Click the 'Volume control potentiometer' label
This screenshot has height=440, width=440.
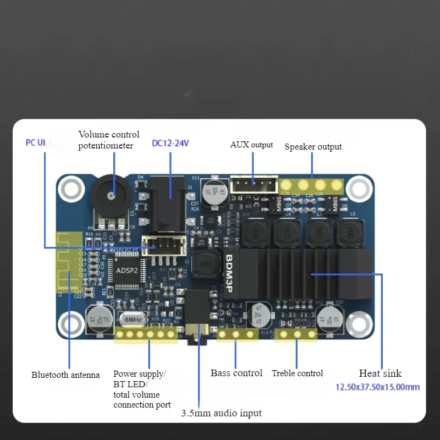(108, 140)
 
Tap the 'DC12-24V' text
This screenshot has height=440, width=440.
(170, 144)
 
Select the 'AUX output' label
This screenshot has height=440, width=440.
(251, 145)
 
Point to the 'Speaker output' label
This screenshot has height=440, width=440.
(313, 147)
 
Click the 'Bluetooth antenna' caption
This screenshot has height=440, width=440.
(65, 375)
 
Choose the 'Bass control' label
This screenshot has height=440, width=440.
(237, 373)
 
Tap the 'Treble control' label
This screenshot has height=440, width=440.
(297, 373)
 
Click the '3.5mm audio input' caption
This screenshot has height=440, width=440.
(221, 413)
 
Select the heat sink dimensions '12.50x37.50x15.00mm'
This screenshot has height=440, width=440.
(377, 387)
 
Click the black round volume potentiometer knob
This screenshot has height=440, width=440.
(112, 196)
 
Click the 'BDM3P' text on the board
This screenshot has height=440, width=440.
(231, 275)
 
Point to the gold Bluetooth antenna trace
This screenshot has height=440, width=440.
(69, 261)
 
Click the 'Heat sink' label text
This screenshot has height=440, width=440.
(380, 373)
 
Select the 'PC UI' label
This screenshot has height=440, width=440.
(37, 143)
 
